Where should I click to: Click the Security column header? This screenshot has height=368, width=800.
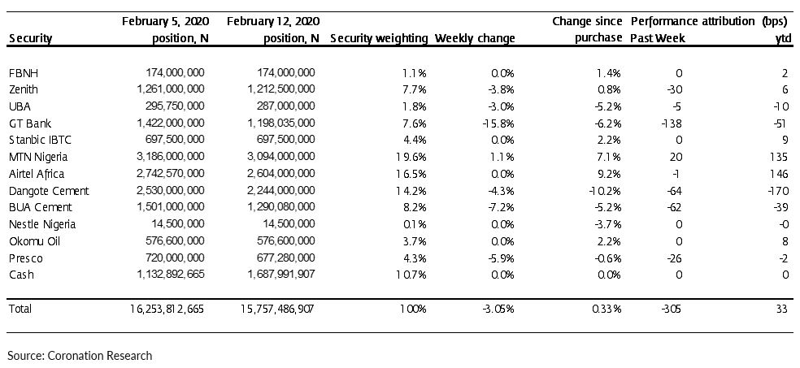pyautogui.click(x=31, y=39)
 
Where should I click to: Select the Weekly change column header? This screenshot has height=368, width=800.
pyautogui.click(x=475, y=38)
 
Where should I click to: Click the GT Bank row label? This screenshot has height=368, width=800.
pyautogui.click(x=30, y=123)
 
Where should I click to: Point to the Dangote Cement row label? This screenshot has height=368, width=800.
pyautogui.click(x=49, y=191)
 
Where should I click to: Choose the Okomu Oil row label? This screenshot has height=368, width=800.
pyautogui.click(x=35, y=241)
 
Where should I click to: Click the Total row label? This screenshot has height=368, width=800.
pyautogui.click(x=20, y=309)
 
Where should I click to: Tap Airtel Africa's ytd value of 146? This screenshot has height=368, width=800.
pyautogui.click(x=780, y=174)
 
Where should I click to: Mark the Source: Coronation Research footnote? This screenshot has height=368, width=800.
pyautogui.click(x=80, y=355)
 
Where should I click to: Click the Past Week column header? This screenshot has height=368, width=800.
pyautogui.click(x=658, y=39)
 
